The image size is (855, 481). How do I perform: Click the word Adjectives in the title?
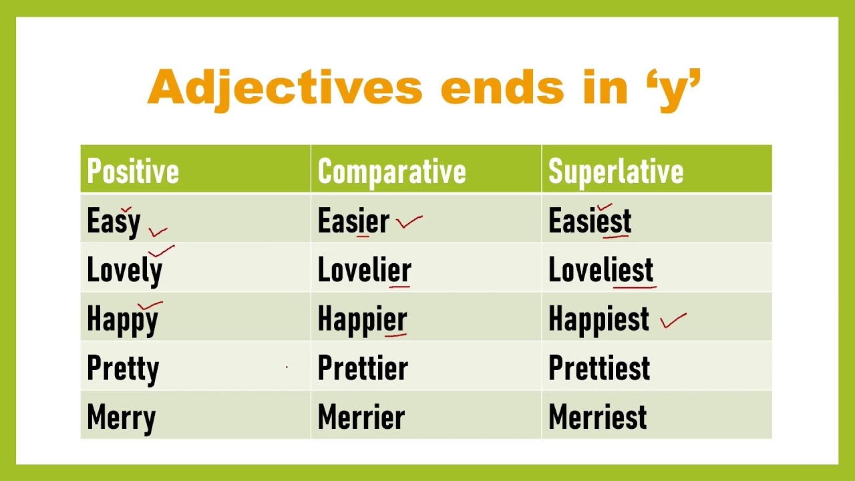click(285, 88)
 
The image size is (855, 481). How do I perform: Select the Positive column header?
click(133, 171)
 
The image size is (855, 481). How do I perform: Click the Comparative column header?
click(391, 171)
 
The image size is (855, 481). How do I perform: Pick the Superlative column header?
click(615, 171)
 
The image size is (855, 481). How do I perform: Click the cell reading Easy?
click(114, 221)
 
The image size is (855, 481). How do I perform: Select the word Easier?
click(353, 221)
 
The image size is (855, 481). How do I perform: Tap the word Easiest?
click(589, 221)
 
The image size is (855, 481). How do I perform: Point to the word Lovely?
click(124, 271)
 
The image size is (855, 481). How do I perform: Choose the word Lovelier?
click(364, 271)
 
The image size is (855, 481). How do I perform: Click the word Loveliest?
click(601, 271)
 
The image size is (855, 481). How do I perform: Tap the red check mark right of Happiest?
click(673, 321)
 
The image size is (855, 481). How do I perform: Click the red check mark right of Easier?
click(409, 222)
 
